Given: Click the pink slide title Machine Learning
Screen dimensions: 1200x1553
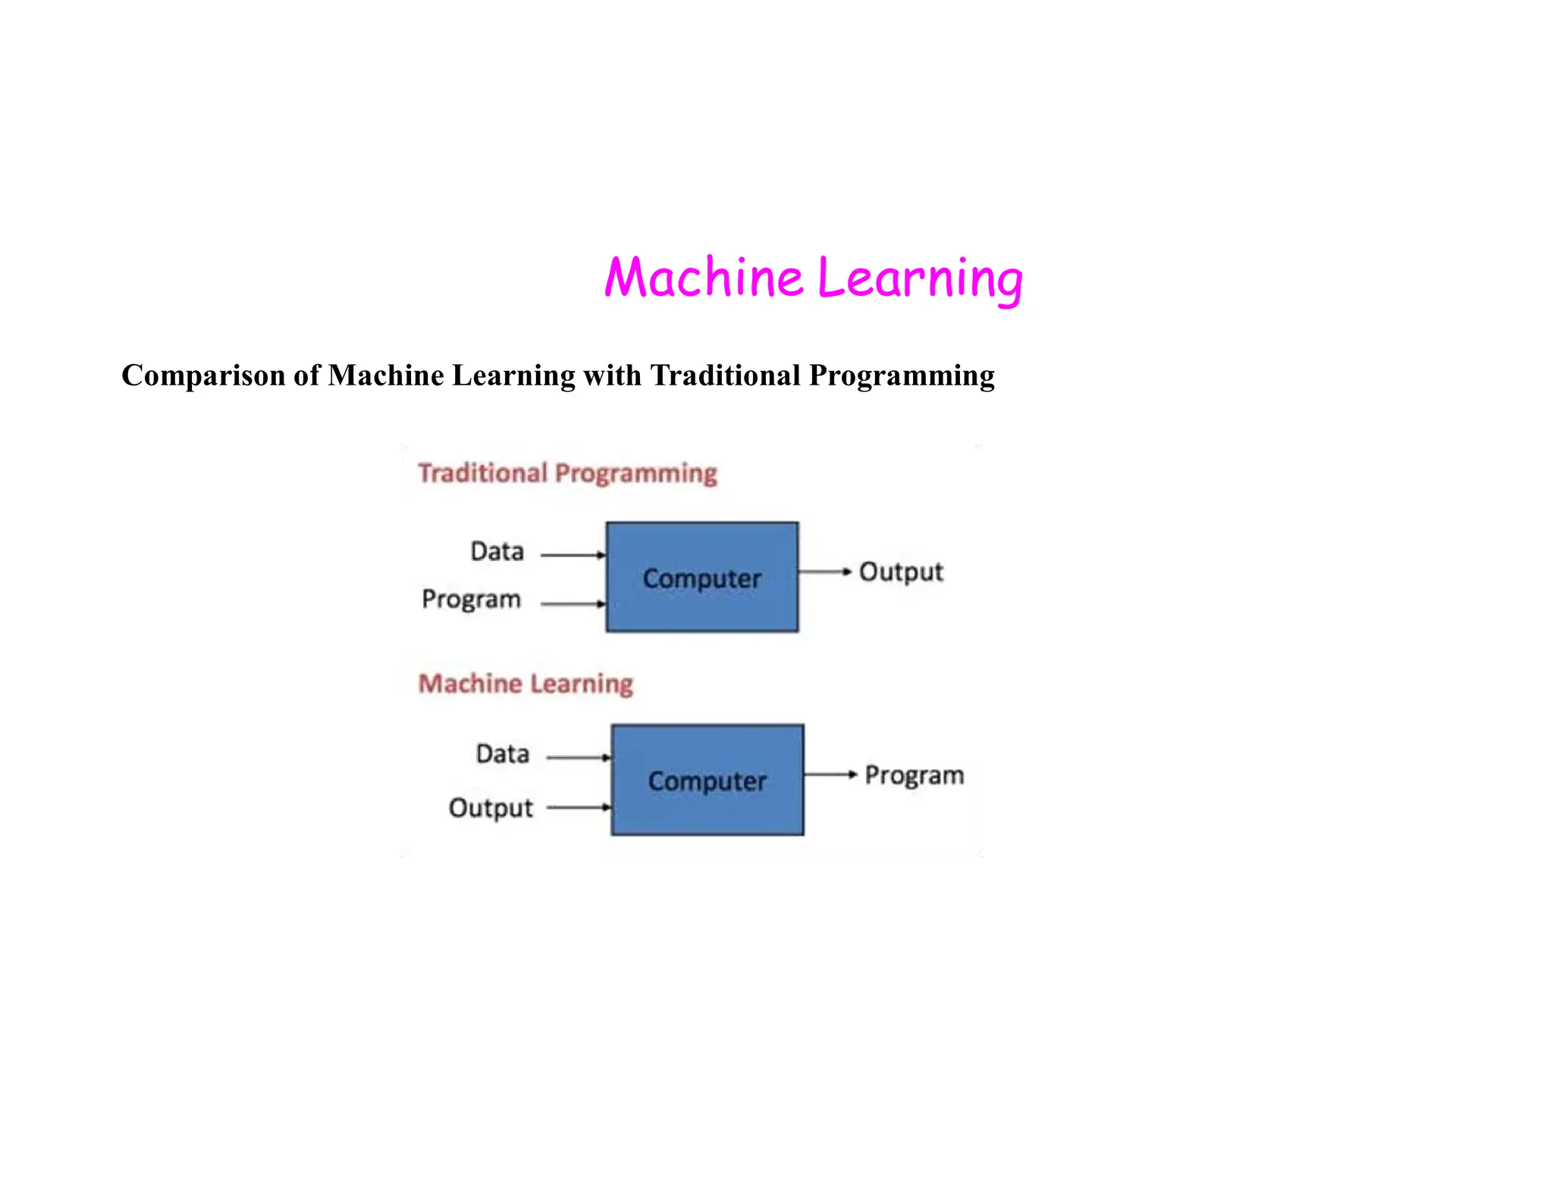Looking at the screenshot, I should [813, 278].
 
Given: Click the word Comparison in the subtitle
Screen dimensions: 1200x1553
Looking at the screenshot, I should [202, 376].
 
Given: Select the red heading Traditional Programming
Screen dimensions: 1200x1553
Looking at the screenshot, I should [567, 473].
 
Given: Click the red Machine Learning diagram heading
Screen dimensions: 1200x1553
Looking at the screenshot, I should [526, 683].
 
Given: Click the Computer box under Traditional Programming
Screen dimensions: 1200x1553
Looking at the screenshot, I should [701, 577].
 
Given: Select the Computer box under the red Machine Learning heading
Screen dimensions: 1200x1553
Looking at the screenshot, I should [707, 780].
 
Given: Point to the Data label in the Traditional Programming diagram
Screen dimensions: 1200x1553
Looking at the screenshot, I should [497, 551].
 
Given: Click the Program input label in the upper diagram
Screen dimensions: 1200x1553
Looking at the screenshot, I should [471, 600].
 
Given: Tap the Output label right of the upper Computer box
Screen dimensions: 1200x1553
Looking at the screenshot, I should [901, 573].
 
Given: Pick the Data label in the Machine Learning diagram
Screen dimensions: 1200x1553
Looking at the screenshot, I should [502, 754].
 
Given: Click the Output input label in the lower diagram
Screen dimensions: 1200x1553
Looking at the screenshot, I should [491, 809].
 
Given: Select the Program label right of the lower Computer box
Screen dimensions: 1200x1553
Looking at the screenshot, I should [915, 776].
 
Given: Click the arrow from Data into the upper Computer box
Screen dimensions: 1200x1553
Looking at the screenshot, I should [573, 555].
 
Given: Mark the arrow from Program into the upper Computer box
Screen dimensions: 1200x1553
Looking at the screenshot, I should [573, 605].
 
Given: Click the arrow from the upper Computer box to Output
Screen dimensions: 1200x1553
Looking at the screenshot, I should [825, 572].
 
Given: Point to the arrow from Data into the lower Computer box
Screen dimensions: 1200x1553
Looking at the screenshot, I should [578, 758].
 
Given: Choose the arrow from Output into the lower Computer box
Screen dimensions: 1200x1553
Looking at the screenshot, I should [578, 808].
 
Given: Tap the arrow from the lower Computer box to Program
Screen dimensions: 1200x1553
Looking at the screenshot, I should [830, 774].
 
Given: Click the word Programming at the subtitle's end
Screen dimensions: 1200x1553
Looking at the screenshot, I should [902, 376].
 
